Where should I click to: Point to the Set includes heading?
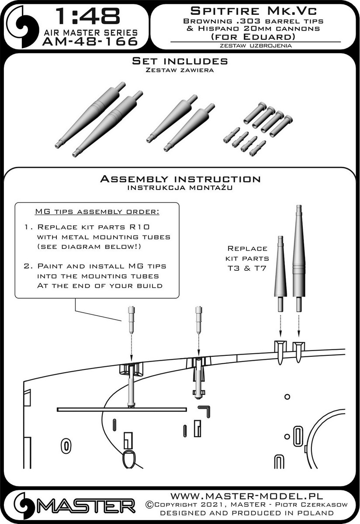(180, 62)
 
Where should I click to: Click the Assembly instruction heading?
(180, 179)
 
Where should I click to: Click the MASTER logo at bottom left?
(74, 507)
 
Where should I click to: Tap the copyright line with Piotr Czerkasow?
(246, 505)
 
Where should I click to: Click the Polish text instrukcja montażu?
(180, 188)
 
